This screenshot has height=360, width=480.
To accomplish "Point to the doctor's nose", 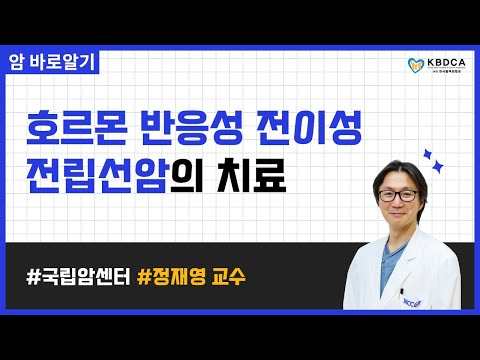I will click(x=394, y=201).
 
